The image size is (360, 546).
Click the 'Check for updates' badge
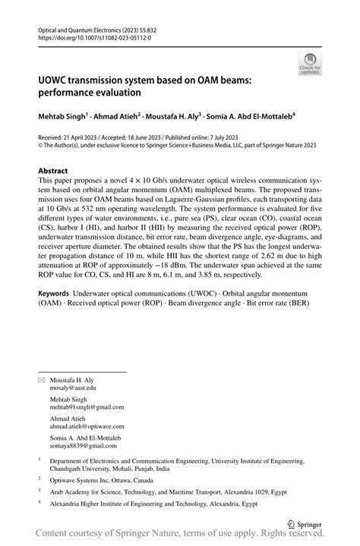coord(309,64)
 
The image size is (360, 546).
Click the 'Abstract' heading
coord(52,172)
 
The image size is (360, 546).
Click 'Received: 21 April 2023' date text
coord(73,137)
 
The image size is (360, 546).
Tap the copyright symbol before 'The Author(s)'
coord(41,146)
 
